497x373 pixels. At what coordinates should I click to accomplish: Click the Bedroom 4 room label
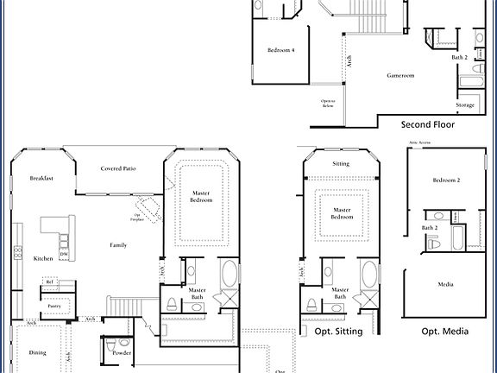281,51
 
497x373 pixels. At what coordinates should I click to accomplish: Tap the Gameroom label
400,76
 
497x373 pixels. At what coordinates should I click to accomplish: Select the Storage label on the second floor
465,105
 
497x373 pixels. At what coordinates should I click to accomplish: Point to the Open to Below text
328,103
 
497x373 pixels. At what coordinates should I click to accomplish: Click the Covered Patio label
118,168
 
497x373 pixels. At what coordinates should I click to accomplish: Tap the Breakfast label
42,179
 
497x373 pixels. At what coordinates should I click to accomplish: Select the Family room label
118,245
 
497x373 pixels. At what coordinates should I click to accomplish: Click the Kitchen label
43,258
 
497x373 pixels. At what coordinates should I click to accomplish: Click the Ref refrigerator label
50,282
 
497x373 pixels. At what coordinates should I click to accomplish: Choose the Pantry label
53,305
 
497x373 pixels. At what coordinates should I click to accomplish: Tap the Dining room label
38,352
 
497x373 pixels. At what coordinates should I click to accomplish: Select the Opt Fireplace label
137,217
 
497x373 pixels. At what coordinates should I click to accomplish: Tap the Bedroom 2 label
446,180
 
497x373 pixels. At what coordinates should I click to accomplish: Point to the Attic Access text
418,143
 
